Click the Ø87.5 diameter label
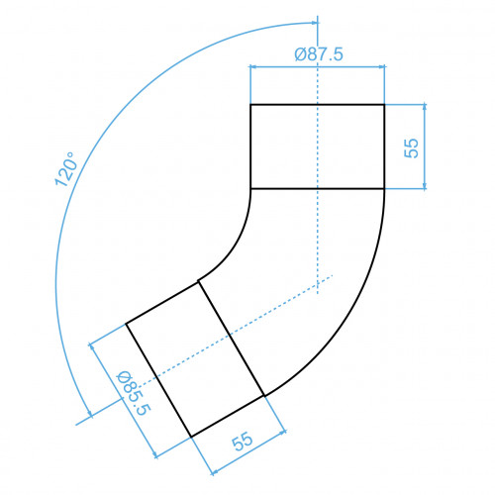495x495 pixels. (319, 54)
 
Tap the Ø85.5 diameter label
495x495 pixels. (134, 393)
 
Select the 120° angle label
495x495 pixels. (66, 169)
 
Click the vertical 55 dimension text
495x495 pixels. (411, 148)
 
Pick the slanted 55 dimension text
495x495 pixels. (243, 441)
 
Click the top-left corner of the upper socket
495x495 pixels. (250, 105)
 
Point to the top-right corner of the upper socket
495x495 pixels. (384, 105)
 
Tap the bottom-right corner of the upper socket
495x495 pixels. (384, 189)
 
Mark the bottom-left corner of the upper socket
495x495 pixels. (250, 189)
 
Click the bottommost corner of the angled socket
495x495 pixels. (191, 437)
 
